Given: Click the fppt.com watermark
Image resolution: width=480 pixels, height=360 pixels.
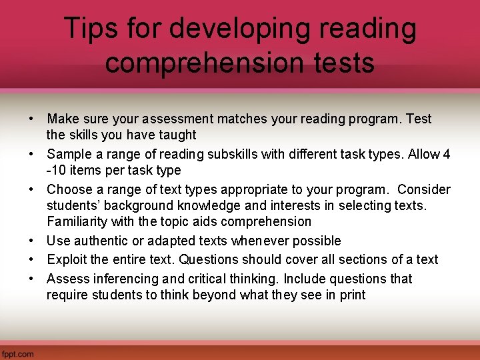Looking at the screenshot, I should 17,354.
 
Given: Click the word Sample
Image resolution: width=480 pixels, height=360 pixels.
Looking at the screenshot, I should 68,155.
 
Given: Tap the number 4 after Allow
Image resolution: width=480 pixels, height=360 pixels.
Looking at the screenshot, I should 447,155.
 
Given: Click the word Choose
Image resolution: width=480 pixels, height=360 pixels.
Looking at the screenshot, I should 69,190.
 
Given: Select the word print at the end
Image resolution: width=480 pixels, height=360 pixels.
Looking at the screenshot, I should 351,295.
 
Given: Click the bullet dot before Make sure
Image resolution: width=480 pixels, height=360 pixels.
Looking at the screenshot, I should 31,119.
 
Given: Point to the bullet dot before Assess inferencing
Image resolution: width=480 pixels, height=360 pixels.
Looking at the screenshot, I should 31,279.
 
